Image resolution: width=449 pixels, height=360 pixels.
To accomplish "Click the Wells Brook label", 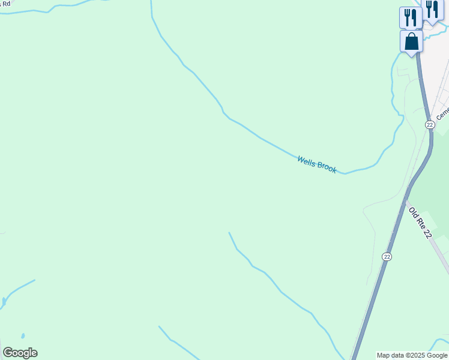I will [x=317, y=164].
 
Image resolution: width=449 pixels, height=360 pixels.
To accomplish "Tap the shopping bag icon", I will [x=411, y=41].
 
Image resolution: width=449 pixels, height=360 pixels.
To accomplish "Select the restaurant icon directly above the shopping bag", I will [x=410, y=17].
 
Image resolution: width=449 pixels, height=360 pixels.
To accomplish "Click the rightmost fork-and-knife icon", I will [x=432, y=10].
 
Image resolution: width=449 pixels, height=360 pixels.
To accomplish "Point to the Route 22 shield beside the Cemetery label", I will [x=429, y=124].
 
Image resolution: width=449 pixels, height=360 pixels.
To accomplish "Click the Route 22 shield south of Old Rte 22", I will [x=387, y=256].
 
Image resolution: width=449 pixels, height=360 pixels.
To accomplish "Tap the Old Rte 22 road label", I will [x=420, y=223].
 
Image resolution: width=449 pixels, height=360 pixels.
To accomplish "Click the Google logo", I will [x=20, y=353].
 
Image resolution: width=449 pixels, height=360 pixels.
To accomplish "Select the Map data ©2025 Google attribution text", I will [x=412, y=355].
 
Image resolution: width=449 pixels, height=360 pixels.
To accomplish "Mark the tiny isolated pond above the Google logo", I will [x=23, y=336].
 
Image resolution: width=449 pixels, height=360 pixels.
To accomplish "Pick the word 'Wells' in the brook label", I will [x=307, y=161].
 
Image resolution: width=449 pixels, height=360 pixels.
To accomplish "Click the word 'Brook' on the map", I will [x=326, y=168].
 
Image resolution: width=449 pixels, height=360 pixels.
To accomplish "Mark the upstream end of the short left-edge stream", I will [x=35, y=280].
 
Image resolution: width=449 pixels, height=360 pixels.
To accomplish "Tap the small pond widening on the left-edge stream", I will [x=4, y=300].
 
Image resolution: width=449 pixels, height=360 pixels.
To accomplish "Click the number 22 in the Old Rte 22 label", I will [x=427, y=233].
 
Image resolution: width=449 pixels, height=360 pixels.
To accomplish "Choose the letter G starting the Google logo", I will [x=8, y=353].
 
